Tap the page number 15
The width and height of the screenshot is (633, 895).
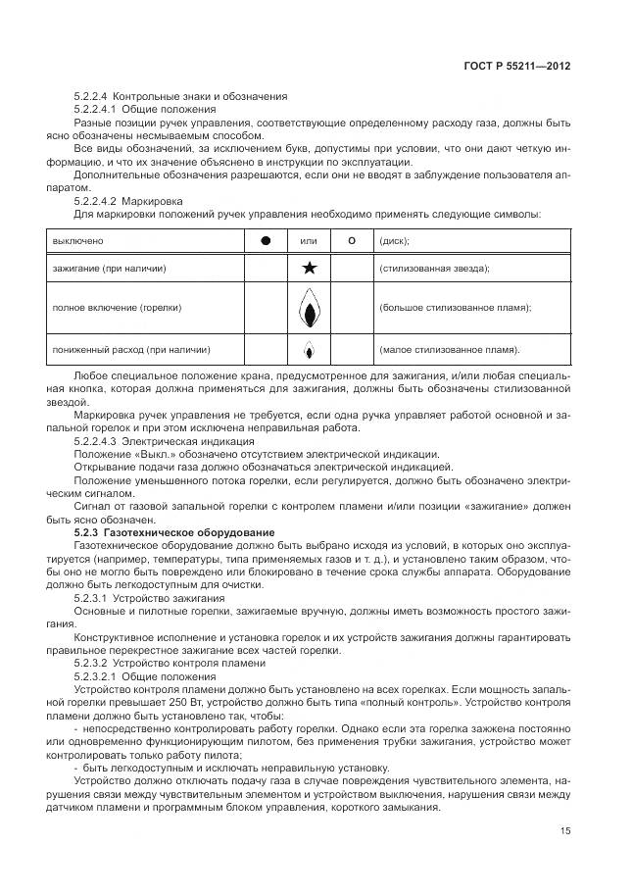(564, 831)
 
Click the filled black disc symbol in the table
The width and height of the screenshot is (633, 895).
(264, 240)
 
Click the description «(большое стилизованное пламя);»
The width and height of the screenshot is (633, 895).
(455, 308)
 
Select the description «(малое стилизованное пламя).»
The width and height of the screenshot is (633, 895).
(449, 349)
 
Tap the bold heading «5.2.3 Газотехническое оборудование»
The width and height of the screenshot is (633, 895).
(162, 530)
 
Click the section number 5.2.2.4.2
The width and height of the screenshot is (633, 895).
(101, 199)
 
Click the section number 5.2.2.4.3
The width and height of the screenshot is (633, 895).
(101, 441)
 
